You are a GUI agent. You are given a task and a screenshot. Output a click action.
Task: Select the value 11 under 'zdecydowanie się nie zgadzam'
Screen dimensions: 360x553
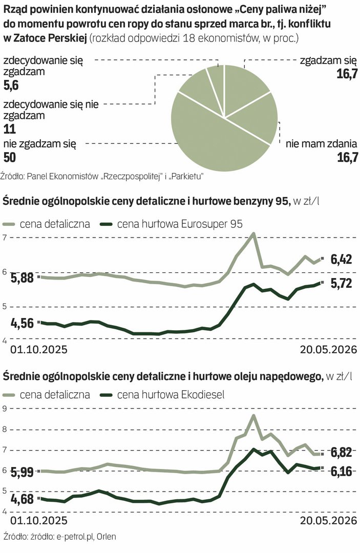[x=10, y=129]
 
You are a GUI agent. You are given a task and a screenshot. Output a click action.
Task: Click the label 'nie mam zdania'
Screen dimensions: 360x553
[x=321, y=144]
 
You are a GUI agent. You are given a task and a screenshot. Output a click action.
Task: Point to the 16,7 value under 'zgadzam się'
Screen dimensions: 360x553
[x=347, y=74]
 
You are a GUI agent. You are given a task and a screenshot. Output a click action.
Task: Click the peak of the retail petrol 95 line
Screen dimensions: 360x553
[x=253, y=233]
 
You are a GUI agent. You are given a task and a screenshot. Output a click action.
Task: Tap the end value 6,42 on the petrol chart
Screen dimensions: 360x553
[x=342, y=260]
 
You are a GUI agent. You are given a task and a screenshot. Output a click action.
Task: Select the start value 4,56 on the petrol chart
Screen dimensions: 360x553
[x=23, y=323]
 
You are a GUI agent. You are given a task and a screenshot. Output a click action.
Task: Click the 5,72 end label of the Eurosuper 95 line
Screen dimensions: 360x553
[x=342, y=283]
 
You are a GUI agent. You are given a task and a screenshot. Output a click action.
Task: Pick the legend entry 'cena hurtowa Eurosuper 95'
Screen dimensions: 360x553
[x=172, y=224]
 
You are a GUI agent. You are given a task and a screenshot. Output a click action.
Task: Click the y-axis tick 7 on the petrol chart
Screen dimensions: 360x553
[x=5, y=238]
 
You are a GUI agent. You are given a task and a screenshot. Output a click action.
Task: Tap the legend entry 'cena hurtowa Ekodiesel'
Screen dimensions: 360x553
[x=162, y=394]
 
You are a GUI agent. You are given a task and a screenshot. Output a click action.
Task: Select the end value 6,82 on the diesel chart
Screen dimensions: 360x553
[x=342, y=452]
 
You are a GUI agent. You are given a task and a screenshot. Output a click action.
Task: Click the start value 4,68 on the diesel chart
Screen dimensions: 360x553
[x=23, y=499]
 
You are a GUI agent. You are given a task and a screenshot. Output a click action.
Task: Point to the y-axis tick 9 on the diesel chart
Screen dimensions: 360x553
[x=5, y=409]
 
